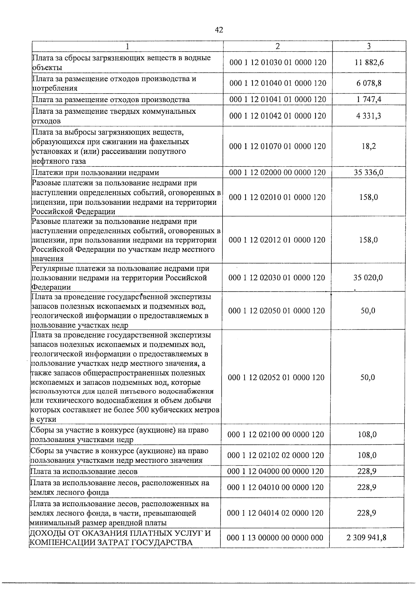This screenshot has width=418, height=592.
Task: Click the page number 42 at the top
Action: [x=219, y=30]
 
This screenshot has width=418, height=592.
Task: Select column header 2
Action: [x=278, y=46]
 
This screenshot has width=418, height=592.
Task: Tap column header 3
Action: [x=369, y=46]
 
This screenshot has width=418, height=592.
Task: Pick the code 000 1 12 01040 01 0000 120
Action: [x=278, y=83]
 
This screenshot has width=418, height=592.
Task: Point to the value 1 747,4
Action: [x=369, y=99]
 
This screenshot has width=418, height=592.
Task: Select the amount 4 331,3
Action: [x=369, y=116]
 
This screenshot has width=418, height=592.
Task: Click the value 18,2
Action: [x=369, y=146]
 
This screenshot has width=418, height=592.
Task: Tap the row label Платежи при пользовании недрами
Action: [x=95, y=172]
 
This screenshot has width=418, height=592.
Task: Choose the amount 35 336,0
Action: [x=369, y=172]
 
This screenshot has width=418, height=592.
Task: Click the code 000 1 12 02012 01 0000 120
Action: [x=277, y=240]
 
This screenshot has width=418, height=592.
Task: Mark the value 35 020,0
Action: [x=368, y=278]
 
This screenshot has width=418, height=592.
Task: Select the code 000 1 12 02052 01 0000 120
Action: [x=276, y=377]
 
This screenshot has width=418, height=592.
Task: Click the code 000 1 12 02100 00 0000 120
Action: [x=276, y=435]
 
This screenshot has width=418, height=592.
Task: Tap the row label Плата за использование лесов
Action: [x=84, y=472]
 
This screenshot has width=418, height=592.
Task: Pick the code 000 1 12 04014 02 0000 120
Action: [x=275, y=513]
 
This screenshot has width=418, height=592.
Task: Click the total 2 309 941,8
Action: [x=366, y=538]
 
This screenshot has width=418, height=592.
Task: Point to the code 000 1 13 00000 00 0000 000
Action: [x=275, y=538]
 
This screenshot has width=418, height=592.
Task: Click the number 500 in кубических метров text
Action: [x=158, y=410]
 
